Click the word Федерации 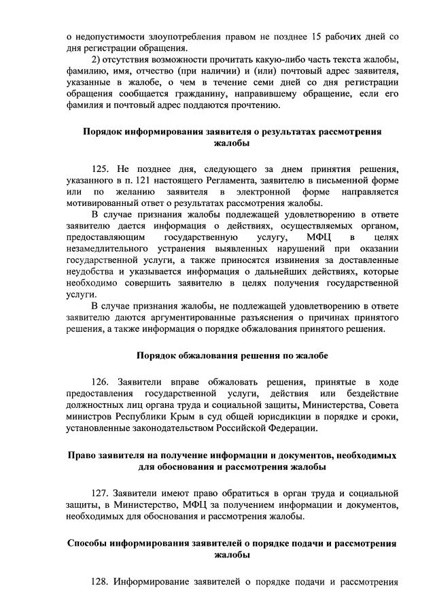click(x=290, y=429)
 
